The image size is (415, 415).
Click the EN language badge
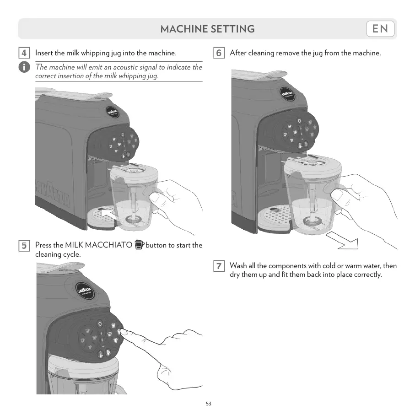(x=380, y=29)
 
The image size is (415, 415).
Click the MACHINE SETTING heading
(x=207, y=29)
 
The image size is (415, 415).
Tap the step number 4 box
(x=25, y=53)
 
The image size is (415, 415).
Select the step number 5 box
(x=25, y=246)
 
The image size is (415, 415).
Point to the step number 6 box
(x=219, y=53)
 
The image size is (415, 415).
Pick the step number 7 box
(x=219, y=266)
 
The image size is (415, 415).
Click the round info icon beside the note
(x=24, y=67)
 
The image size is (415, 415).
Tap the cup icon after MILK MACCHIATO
(x=140, y=245)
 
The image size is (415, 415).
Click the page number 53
(x=209, y=404)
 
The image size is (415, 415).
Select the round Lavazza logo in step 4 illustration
(x=113, y=113)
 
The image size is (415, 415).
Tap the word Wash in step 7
(x=238, y=266)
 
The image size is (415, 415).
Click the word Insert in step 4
(x=44, y=53)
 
